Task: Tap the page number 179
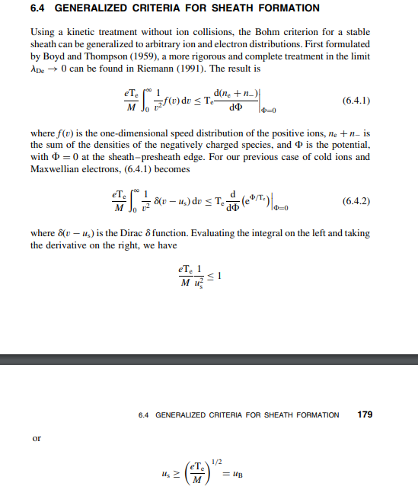tap(365, 414)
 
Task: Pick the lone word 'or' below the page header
tap(36, 440)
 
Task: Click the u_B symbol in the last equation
tap(235, 473)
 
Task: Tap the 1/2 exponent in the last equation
tap(213, 459)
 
